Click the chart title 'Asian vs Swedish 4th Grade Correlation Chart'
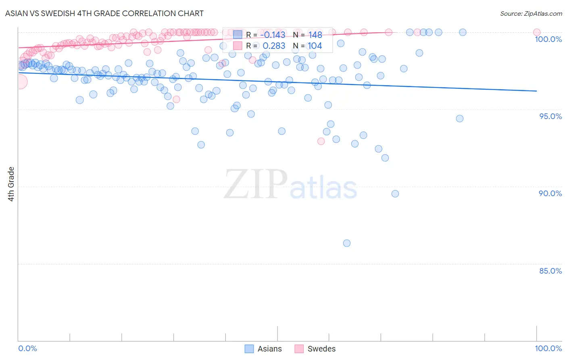[x=104, y=13]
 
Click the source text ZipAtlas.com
[x=531, y=13]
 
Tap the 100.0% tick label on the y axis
[x=548, y=39]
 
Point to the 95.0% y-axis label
[x=550, y=116]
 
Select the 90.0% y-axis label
[x=550, y=193]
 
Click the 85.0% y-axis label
[x=550, y=271]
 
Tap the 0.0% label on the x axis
[x=27, y=348]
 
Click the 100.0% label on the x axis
[x=548, y=348]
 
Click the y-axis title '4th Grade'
[x=11, y=184]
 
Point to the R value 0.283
[x=274, y=46]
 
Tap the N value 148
[x=315, y=35]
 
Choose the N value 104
[x=315, y=46]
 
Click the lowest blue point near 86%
[x=347, y=243]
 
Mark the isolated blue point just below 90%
[x=395, y=194]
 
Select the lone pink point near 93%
[x=321, y=141]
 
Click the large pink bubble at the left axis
[x=20, y=82]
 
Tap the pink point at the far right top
[x=537, y=32]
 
